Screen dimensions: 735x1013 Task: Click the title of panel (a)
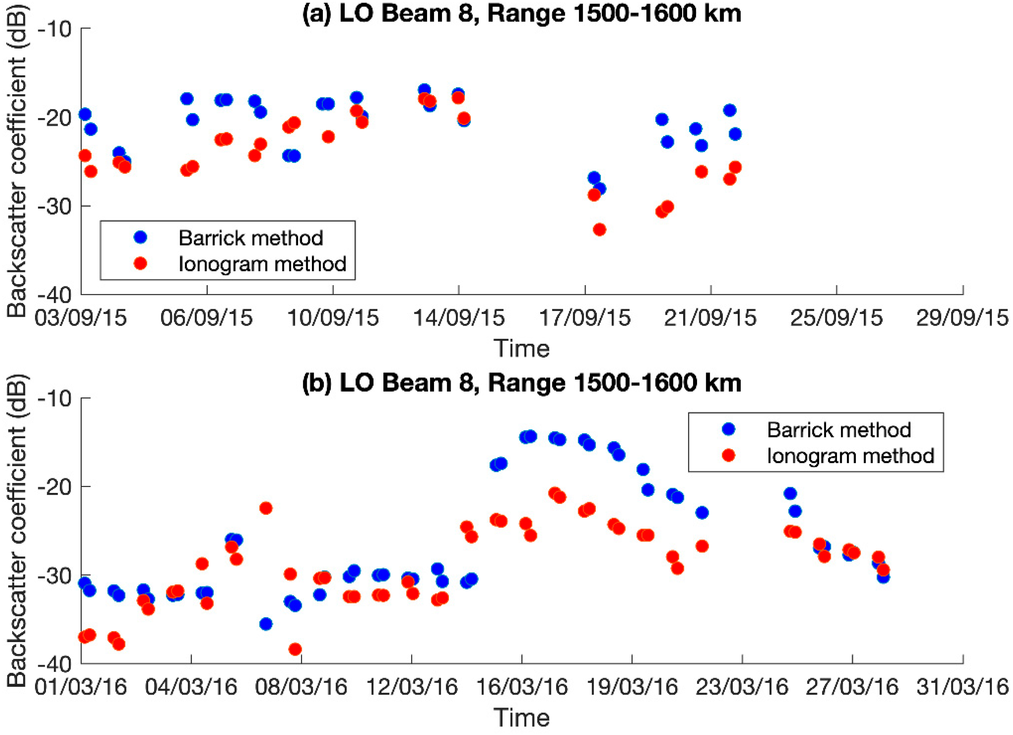(522, 13)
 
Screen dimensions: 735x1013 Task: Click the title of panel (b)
(522, 383)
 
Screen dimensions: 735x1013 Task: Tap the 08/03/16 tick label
(301, 687)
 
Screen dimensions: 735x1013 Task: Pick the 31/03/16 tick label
(962, 687)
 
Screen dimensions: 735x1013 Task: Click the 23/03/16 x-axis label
(742, 687)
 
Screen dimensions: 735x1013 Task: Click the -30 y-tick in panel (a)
(55, 206)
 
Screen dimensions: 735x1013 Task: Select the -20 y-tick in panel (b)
(55, 486)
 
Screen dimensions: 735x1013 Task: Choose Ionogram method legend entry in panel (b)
(850, 456)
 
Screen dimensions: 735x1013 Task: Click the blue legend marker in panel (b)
(728, 429)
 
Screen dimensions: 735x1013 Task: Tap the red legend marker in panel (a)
(140, 264)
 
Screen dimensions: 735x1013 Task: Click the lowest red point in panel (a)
(599, 230)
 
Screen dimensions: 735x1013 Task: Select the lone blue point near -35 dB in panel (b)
(266, 624)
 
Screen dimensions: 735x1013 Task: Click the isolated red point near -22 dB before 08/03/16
(266, 508)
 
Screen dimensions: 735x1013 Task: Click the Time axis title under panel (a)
(522, 349)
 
